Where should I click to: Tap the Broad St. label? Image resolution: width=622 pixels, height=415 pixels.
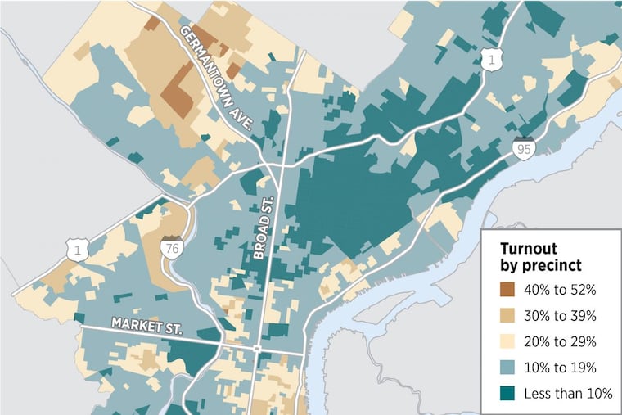[x=263, y=229]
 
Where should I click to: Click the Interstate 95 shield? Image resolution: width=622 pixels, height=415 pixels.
[x=524, y=149]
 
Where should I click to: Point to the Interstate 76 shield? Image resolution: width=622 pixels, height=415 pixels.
[x=171, y=250]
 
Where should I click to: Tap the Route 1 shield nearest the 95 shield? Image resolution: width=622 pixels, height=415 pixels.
[x=490, y=58]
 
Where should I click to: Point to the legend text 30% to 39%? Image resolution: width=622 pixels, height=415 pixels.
[x=566, y=316]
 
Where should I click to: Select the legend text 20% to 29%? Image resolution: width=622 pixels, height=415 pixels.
[x=566, y=341]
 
